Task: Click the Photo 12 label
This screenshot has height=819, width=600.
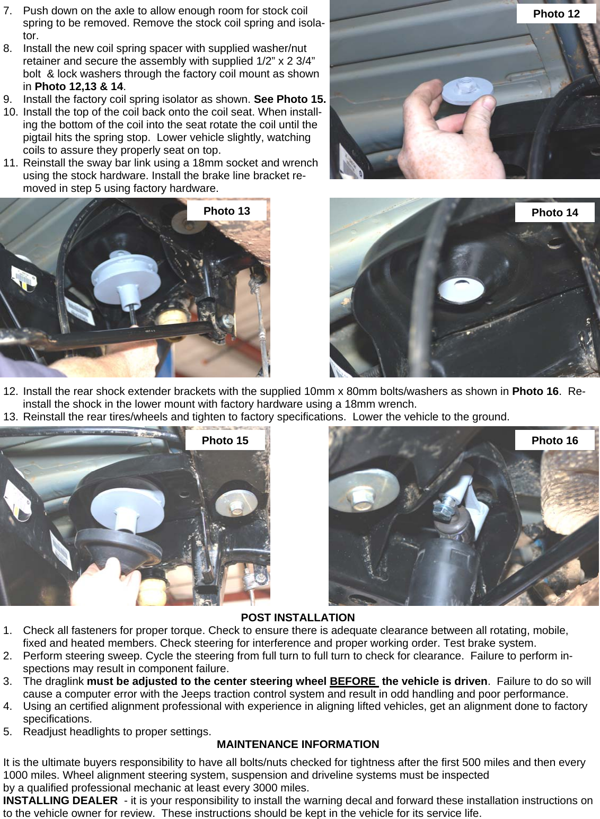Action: click(556, 14)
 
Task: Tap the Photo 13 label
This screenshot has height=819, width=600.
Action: click(226, 211)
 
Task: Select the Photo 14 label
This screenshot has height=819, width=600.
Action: click(554, 213)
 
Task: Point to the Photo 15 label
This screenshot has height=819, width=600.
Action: click(225, 441)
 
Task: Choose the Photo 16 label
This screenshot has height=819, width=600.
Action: click(554, 441)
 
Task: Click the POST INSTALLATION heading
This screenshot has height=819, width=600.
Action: click(297, 618)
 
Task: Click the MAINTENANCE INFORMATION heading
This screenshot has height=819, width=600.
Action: click(298, 744)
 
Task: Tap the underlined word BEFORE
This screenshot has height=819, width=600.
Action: click(354, 681)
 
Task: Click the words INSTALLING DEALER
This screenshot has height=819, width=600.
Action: click(60, 800)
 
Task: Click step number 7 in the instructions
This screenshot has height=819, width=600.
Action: click(7, 11)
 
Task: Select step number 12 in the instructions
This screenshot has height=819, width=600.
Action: click(10, 392)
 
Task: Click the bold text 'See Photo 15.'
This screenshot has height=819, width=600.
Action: click(289, 99)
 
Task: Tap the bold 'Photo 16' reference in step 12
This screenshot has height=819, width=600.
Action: click(535, 392)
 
